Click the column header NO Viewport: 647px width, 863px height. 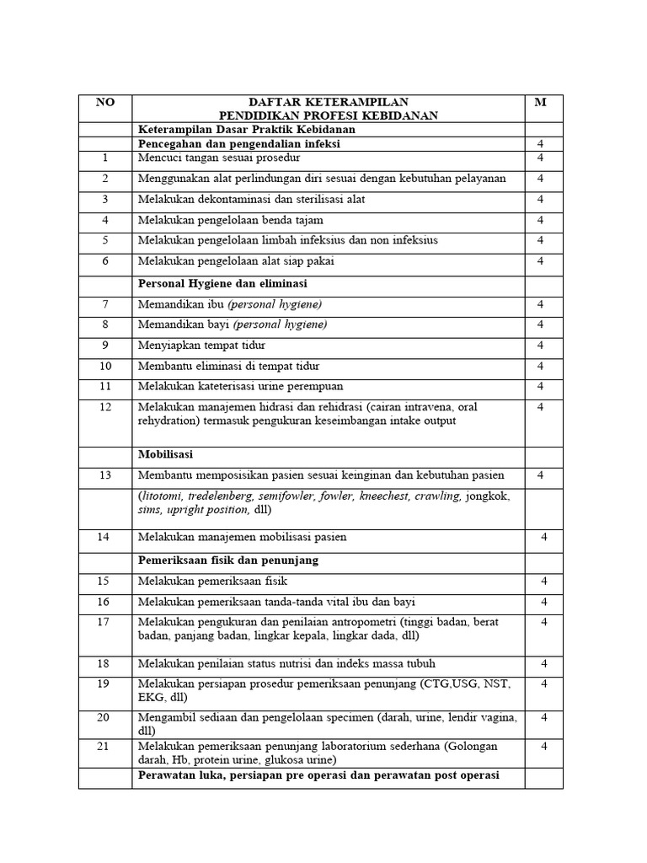tap(105, 103)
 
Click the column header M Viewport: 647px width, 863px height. tap(541, 103)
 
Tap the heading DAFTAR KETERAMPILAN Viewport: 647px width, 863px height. tap(329, 103)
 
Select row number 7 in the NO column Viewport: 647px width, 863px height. tap(105, 304)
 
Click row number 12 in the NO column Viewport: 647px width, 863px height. tap(105, 407)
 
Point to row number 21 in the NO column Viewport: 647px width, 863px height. tap(105, 747)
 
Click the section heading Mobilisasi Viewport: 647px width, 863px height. tap(166, 454)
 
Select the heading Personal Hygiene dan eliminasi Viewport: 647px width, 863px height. tap(223, 284)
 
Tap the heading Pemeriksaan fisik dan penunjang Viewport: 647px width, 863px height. tap(227, 560)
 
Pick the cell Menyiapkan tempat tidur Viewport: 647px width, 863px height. tap(202, 346)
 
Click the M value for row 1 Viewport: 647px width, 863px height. tap(541, 158)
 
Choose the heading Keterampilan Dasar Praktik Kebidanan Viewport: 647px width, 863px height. tap(247, 130)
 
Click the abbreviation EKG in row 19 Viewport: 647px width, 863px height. tap(151, 697)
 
